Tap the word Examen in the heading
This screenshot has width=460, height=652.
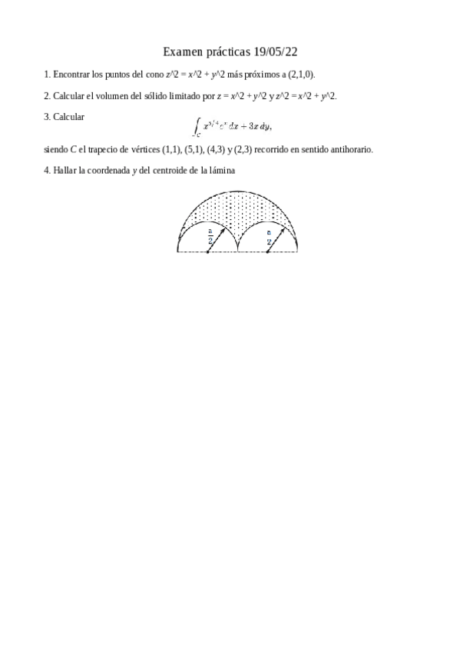point(181,52)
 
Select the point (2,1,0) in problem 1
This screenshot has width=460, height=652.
point(301,75)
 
